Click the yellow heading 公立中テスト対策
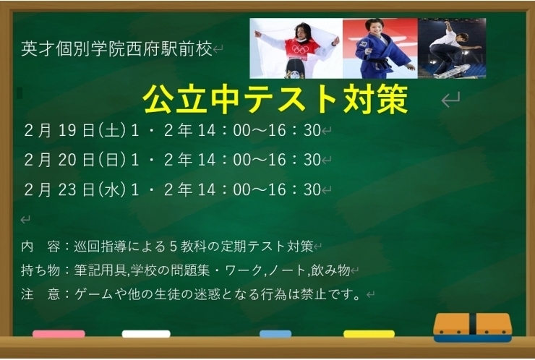275,100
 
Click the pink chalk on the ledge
59,334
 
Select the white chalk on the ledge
146,334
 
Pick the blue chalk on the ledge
275,334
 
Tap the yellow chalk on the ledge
369,334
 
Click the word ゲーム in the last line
93,294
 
